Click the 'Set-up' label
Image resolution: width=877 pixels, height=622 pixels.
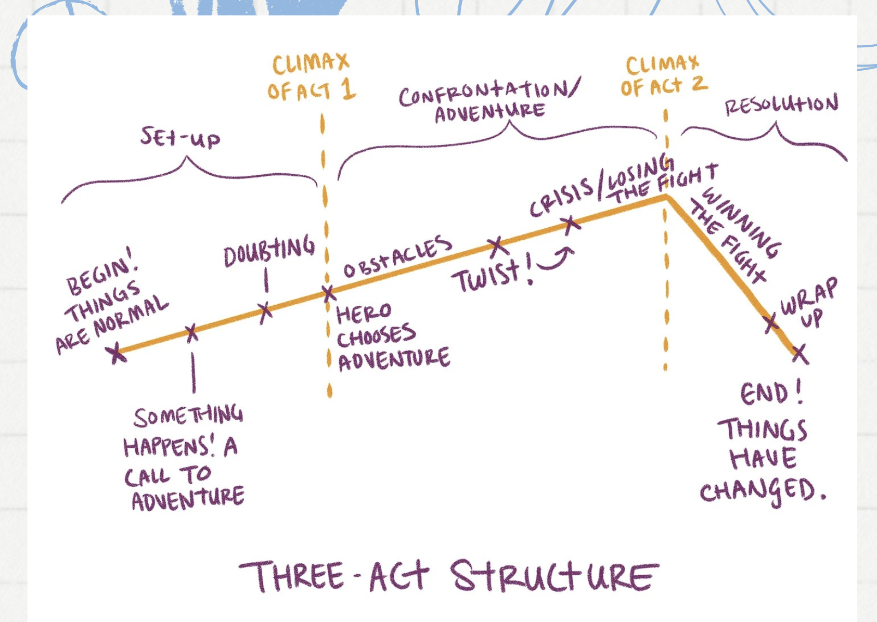[x=180, y=138]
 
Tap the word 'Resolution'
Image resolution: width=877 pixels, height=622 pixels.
[x=781, y=104]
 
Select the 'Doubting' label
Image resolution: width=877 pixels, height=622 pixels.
[x=269, y=251]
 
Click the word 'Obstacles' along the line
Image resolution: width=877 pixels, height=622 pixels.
[x=398, y=256]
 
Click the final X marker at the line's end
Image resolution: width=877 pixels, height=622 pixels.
[x=799, y=354]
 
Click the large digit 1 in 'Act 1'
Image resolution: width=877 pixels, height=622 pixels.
[x=348, y=88]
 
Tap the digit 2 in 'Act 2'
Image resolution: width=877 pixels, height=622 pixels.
[x=699, y=83]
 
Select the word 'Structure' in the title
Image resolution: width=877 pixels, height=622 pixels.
[x=554, y=575]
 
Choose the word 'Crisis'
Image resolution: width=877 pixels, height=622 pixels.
[x=561, y=198]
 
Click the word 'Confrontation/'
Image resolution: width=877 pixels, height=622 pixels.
[x=489, y=92]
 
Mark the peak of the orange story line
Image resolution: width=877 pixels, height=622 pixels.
[x=667, y=196]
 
